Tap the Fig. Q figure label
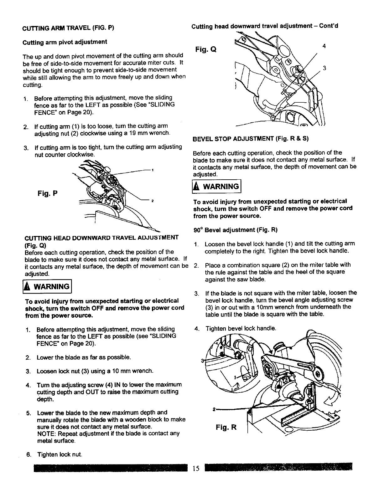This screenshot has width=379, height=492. [x=205, y=49]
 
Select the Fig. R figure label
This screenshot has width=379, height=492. [x=227, y=427]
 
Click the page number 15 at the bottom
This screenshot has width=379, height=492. [x=196, y=468]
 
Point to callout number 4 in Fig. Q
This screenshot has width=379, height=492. [x=324, y=46]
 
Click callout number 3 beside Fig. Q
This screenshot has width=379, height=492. [x=324, y=69]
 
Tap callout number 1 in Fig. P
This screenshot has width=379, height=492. [x=152, y=170]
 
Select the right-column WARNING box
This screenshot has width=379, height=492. [x=216, y=187]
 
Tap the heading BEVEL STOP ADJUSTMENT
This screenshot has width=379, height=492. [x=251, y=139]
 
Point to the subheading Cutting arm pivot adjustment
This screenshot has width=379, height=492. [x=65, y=42]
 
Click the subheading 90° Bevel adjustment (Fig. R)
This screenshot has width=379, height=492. [x=236, y=230]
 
